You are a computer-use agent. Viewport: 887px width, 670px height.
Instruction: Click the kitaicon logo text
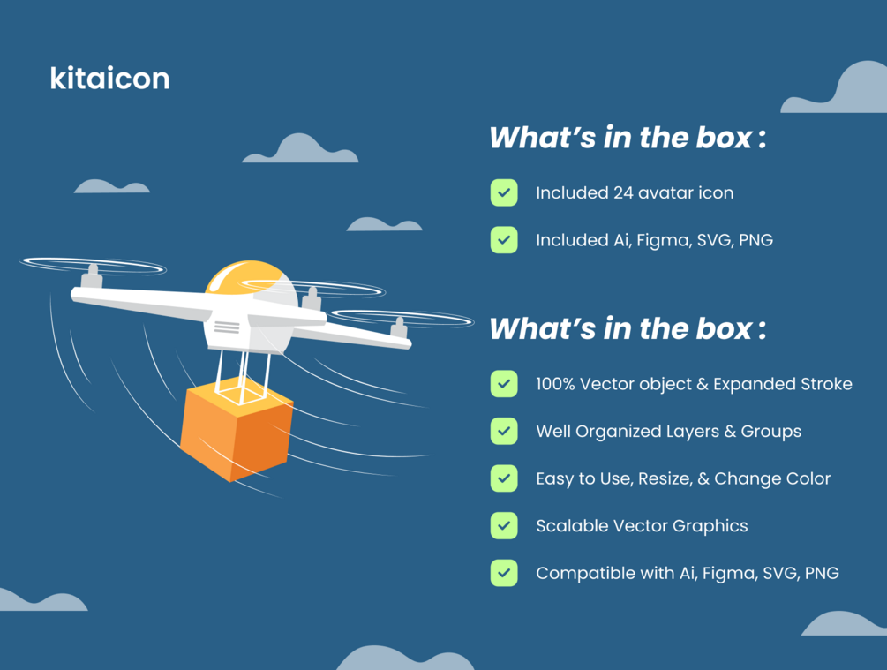[109, 78]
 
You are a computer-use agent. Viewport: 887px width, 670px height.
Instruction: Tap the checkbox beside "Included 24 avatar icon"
[504, 192]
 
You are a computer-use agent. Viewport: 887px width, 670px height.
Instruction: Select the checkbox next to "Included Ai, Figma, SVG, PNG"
[504, 240]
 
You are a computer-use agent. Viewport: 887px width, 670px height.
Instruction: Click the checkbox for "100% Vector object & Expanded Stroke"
[504, 384]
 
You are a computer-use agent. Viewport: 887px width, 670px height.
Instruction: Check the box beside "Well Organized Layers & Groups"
[504, 431]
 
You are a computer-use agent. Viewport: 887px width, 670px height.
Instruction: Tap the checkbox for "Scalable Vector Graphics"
[504, 526]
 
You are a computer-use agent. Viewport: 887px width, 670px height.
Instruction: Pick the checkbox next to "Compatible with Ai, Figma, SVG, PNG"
[504, 573]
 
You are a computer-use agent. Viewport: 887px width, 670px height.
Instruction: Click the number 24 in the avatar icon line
[623, 193]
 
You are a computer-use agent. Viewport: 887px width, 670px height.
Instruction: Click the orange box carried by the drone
[237, 432]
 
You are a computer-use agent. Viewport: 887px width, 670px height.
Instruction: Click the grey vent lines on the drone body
[227, 327]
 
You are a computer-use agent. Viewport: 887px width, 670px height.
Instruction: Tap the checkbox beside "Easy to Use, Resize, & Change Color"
[504, 478]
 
